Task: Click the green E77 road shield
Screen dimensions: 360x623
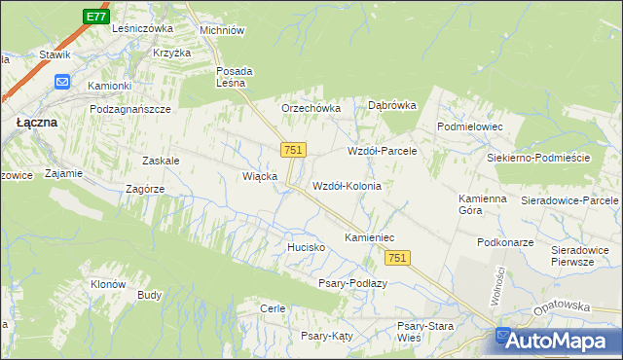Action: pyautogui.click(x=94, y=17)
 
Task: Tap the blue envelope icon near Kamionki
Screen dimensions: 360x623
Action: pyautogui.click(x=63, y=83)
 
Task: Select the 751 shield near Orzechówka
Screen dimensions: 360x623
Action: pyautogui.click(x=293, y=150)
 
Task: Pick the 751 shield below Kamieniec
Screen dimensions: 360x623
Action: pyautogui.click(x=397, y=257)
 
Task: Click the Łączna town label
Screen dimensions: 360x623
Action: pyautogui.click(x=37, y=124)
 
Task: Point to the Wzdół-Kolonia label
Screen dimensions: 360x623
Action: pyautogui.click(x=346, y=185)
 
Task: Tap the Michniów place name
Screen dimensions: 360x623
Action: pyautogui.click(x=221, y=30)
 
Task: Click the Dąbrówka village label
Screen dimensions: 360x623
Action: pyautogui.click(x=391, y=105)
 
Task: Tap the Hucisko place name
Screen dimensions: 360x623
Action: pyautogui.click(x=306, y=248)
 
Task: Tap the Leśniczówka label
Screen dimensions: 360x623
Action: pyautogui.click(x=142, y=29)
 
